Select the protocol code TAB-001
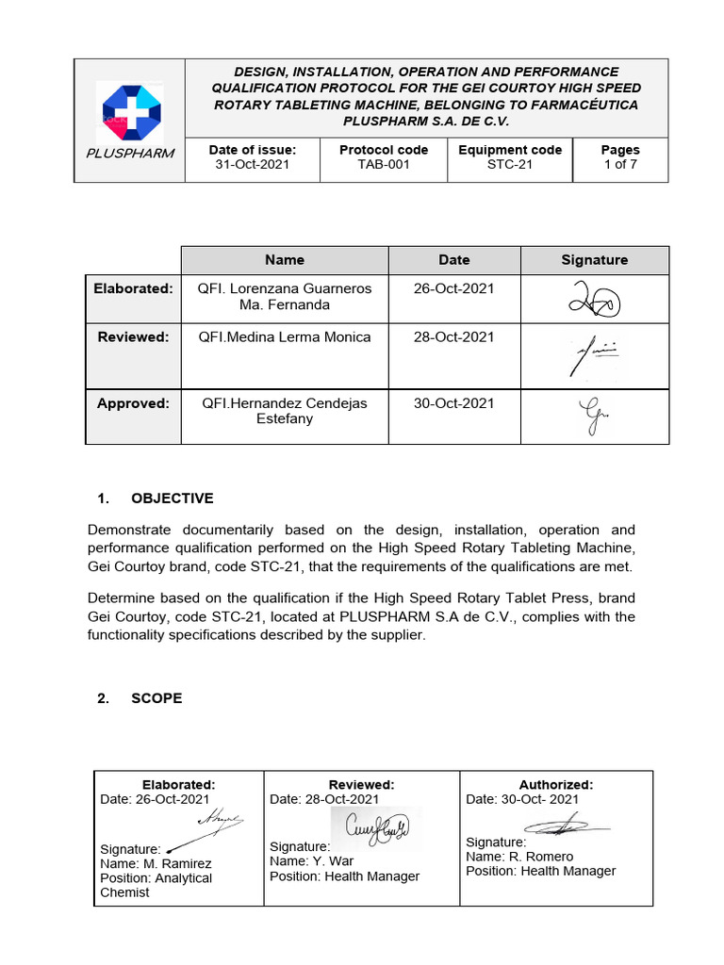383,165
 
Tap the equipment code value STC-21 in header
509,165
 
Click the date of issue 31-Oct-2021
252,165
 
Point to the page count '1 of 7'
620,165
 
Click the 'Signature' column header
594,260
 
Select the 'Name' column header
285,260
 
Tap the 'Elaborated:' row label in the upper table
133,288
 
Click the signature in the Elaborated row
594,301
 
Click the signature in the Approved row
592,416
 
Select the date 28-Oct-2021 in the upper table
453,337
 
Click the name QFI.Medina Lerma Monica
285,337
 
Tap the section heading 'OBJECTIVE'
173,499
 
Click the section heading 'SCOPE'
156,698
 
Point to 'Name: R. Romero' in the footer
519,857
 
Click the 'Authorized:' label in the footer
556,785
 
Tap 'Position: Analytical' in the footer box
156,878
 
